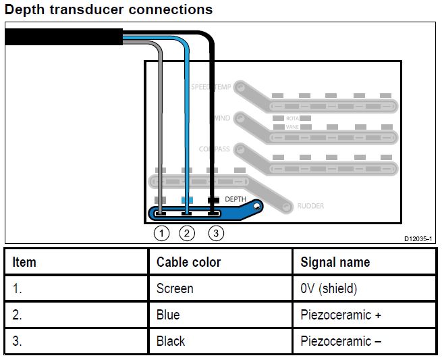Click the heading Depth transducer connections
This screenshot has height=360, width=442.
pyautogui.click(x=109, y=9)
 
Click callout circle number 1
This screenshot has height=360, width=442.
pyautogui.click(x=161, y=234)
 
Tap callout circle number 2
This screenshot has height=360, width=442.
pyautogui.click(x=188, y=234)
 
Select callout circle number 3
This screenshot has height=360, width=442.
pyautogui.click(x=215, y=234)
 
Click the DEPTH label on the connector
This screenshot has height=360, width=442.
pyautogui.click(x=235, y=200)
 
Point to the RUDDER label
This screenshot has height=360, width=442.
pyautogui.click(x=310, y=207)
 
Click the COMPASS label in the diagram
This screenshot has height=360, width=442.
pyautogui.click(x=214, y=149)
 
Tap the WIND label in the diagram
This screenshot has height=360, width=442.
pyautogui.click(x=221, y=118)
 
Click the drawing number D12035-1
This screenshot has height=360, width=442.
pyautogui.click(x=418, y=239)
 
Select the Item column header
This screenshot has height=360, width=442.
pyautogui.click(x=24, y=262)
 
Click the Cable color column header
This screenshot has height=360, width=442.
pyautogui.click(x=188, y=262)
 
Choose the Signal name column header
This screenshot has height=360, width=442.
pyautogui.click(x=335, y=262)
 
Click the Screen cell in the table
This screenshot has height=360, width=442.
pyautogui.click(x=175, y=288)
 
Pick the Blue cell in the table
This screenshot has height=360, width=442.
pyautogui.click(x=168, y=315)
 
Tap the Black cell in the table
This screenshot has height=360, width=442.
pyautogui.click(x=171, y=341)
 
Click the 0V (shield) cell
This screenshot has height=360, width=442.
pyautogui.click(x=329, y=288)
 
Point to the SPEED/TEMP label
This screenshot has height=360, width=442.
pyautogui.click(x=211, y=87)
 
